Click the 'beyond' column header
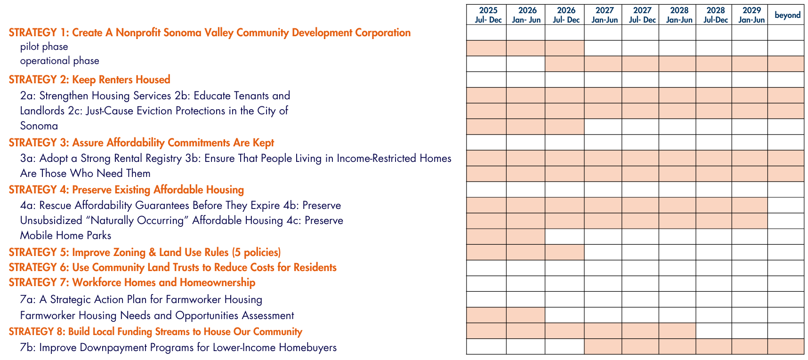[x=787, y=15]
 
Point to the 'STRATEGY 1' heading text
[x=210, y=32]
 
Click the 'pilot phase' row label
[x=44, y=47]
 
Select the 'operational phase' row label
[x=60, y=61]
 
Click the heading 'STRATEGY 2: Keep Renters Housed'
[x=89, y=80]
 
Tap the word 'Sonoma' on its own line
[x=39, y=126]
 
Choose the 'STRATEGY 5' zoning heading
[x=145, y=252]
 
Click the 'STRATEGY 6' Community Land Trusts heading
[x=172, y=267]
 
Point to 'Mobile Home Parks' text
[x=65, y=235]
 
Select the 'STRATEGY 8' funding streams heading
[x=155, y=331]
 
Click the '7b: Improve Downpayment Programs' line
[x=178, y=348]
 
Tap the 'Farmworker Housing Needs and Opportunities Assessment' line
[x=157, y=315]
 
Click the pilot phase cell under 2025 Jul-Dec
[x=486, y=48]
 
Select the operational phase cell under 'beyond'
[x=786, y=64]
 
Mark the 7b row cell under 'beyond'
[x=786, y=346]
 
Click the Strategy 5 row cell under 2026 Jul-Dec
[x=565, y=252]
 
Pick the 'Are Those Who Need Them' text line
[x=85, y=173]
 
